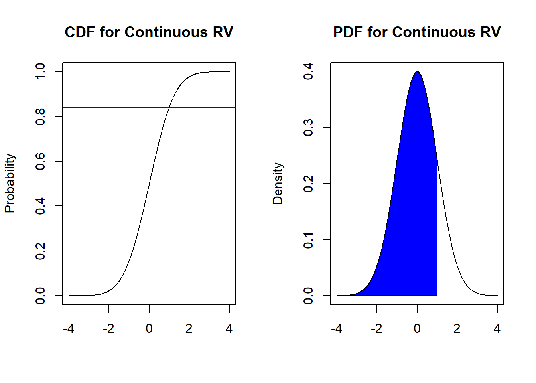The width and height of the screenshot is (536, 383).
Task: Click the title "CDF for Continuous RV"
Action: click(x=149, y=32)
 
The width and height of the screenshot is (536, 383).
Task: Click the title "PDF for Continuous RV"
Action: click(x=417, y=32)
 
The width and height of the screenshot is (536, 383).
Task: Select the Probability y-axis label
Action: click(x=10, y=184)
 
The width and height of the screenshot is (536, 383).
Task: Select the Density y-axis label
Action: click(x=278, y=184)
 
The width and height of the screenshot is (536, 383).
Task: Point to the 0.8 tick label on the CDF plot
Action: click(x=40, y=116)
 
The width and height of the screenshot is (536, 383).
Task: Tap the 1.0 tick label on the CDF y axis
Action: click(x=40, y=71)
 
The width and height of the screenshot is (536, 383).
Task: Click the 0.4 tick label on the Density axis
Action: click(x=308, y=71)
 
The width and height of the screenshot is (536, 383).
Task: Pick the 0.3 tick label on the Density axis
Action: click(x=308, y=128)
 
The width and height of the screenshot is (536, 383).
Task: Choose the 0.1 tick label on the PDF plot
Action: click(x=308, y=240)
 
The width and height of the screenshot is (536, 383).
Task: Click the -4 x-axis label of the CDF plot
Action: click(x=69, y=328)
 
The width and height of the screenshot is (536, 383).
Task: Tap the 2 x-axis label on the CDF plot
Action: click(x=189, y=328)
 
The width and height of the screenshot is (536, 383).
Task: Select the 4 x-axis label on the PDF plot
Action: click(x=497, y=328)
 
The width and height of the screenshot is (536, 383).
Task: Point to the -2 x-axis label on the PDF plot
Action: click(x=376, y=328)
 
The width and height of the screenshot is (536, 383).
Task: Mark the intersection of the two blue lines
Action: click(x=169, y=107)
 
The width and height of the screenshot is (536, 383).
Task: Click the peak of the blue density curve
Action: click(x=417, y=72)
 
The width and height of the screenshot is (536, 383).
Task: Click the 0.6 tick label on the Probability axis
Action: click(x=40, y=161)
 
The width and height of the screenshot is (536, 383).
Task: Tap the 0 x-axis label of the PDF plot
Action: click(x=417, y=328)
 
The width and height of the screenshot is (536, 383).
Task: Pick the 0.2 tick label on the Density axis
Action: click(x=308, y=184)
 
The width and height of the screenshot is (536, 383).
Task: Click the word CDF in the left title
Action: click(x=80, y=32)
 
